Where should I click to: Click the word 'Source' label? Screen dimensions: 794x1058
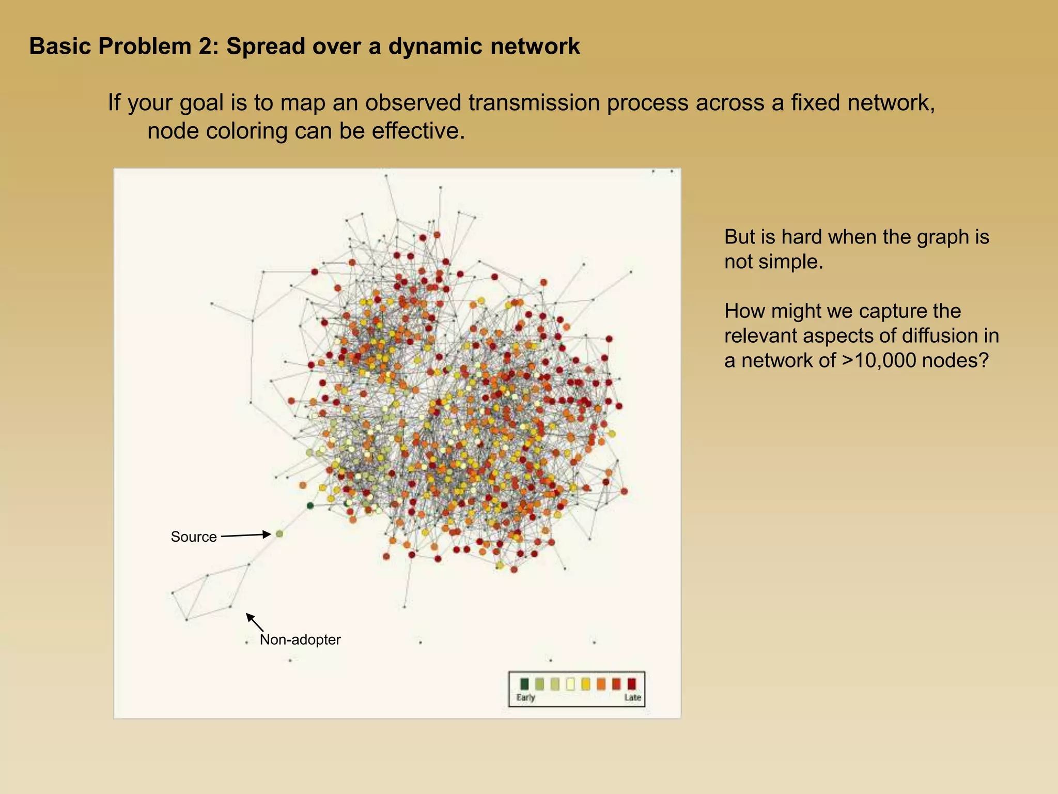pos(194,537)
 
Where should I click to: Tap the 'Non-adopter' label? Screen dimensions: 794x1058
pos(300,640)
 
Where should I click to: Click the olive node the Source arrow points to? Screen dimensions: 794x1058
pos(279,533)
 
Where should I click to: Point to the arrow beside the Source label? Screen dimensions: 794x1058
pos(246,536)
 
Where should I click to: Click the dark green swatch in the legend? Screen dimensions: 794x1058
pos(524,684)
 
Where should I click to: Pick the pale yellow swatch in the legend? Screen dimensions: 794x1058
pos(570,684)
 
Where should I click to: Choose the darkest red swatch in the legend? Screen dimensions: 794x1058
pos(631,684)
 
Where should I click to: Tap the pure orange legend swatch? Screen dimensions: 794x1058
pos(601,684)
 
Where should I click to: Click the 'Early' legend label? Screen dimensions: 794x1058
pos(526,697)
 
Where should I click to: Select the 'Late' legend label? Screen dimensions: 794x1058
pos(632,697)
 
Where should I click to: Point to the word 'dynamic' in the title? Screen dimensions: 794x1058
pos(436,47)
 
